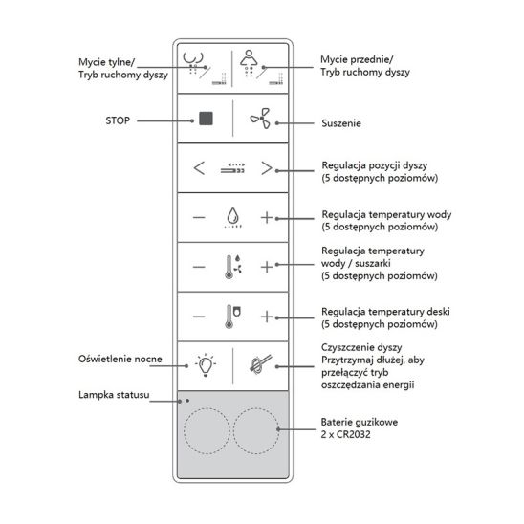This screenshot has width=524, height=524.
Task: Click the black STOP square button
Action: point(206,119)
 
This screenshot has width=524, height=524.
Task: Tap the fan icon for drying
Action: point(260,119)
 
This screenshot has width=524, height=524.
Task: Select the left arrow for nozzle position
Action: point(199,167)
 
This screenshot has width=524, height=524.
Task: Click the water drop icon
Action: point(233,215)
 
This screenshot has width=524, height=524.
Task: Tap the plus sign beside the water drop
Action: point(267,218)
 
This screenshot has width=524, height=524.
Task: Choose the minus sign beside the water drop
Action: point(199,218)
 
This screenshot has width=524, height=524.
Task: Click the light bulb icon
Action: point(206,365)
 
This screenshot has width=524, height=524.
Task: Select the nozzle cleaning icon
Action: point(261,364)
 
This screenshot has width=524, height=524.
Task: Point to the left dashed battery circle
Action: point(207,430)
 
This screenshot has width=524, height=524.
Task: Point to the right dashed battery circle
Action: point(256,430)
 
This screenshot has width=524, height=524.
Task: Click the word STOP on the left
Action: point(118,120)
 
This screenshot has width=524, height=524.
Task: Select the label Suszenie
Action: point(341,123)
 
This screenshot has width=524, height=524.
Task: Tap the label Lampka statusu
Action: point(114,395)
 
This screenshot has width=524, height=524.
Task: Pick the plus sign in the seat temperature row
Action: point(267,317)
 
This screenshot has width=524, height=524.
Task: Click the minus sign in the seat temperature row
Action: point(199,317)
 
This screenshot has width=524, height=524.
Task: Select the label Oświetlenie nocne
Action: point(120,359)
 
